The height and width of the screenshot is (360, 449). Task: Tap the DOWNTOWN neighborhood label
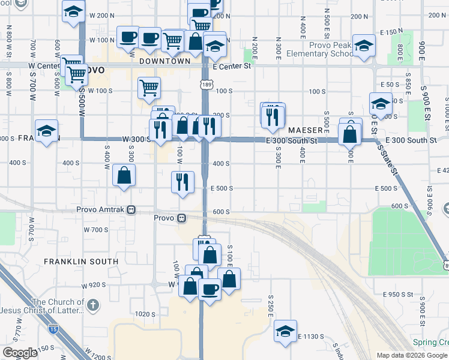[164, 61]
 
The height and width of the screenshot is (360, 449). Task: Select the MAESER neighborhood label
[306, 130]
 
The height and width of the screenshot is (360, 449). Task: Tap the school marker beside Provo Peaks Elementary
[364, 46]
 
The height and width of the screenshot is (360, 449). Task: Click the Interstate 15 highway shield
[53, 329]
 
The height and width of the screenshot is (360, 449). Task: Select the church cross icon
[92, 305]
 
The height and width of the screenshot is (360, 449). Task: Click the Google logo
[20, 353]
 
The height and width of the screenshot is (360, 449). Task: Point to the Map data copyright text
[412, 355]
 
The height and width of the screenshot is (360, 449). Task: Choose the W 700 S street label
[96, 230]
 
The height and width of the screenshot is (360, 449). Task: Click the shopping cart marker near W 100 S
[149, 88]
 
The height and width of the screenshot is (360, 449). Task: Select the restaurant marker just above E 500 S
[182, 182]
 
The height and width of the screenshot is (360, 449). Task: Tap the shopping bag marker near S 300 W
[124, 176]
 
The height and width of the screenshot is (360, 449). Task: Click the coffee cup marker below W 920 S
[209, 290]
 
